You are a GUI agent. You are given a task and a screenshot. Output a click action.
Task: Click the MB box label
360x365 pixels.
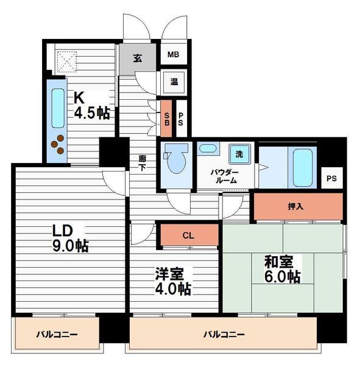tap(173, 54)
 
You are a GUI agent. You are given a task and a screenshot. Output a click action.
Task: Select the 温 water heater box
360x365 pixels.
tap(174, 81)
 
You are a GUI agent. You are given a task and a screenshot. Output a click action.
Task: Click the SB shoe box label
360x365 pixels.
tap(166, 115)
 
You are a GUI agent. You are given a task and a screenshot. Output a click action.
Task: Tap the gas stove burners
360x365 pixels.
tap(58, 144)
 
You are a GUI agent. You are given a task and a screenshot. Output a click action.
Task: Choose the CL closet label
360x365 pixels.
tap(188, 235)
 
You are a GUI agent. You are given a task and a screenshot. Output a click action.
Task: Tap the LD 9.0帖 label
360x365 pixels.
tap(69, 238)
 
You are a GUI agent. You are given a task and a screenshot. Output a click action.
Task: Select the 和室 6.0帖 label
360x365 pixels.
tap(281, 269)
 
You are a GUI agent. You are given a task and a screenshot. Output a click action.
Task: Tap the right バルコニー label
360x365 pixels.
tap(224, 335)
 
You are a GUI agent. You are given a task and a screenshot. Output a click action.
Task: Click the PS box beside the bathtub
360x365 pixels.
tap(331, 178)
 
